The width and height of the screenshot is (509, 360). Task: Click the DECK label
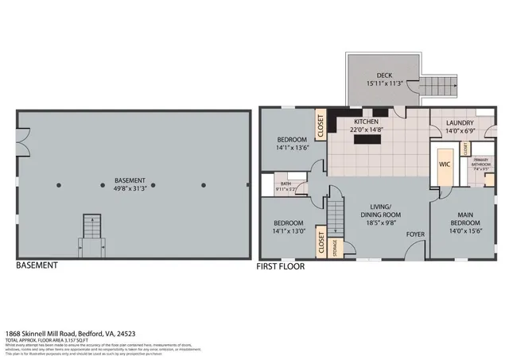tap(384, 75)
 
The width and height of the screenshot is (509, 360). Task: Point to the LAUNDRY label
tap(459, 123)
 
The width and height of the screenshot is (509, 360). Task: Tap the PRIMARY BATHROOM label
tap(482, 161)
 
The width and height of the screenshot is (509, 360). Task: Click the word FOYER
tap(414, 234)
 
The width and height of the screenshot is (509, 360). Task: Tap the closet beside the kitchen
tap(321, 126)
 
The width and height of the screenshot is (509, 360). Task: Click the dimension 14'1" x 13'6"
tap(292, 147)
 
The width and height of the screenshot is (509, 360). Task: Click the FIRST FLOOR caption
tap(280, 267)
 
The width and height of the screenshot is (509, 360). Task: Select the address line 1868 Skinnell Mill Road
tap(72, 334)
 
